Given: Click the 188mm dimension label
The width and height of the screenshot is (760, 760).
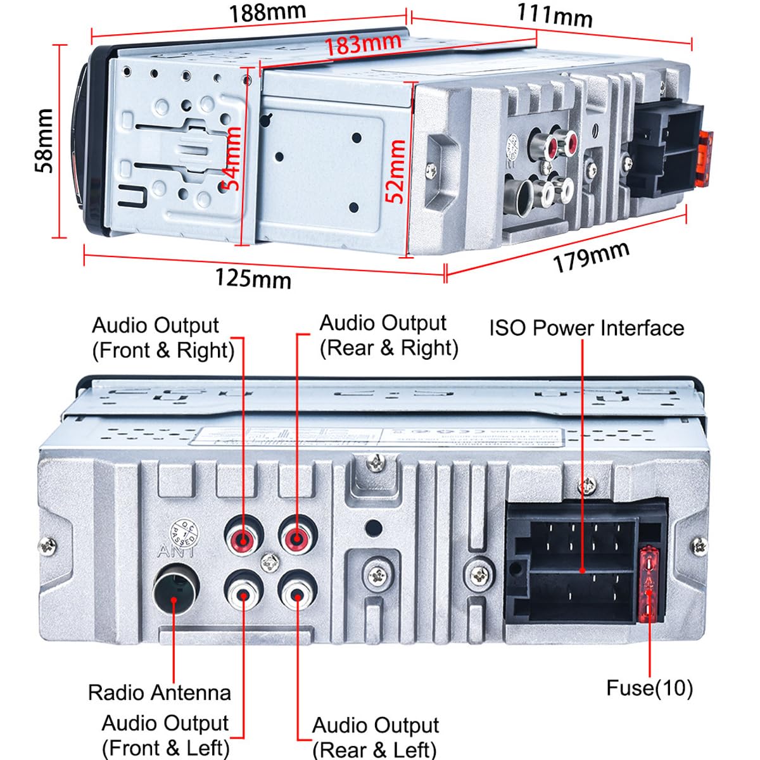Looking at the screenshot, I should [267, 13].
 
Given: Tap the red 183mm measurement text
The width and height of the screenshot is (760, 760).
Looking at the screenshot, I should [363, 44].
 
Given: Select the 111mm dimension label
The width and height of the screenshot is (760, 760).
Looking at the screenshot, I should [555, 15].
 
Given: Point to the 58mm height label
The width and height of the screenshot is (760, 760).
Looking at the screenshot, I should [44, 141].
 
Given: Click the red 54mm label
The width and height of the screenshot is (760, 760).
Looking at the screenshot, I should [233, 158].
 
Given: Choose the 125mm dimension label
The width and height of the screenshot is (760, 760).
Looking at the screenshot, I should [253, 278].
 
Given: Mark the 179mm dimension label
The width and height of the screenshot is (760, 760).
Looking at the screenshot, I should [591, 256].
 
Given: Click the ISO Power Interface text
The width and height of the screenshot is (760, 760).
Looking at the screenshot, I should [586, 328].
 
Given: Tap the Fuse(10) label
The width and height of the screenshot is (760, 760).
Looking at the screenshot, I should [649, 688].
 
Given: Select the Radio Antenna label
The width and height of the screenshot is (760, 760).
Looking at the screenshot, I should [159, 692].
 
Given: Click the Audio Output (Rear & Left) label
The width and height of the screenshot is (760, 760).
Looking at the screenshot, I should [375, 737].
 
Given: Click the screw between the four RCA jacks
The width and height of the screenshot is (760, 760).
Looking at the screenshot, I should [271, 562].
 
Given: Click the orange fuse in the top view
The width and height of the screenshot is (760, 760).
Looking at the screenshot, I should [704, 158].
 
